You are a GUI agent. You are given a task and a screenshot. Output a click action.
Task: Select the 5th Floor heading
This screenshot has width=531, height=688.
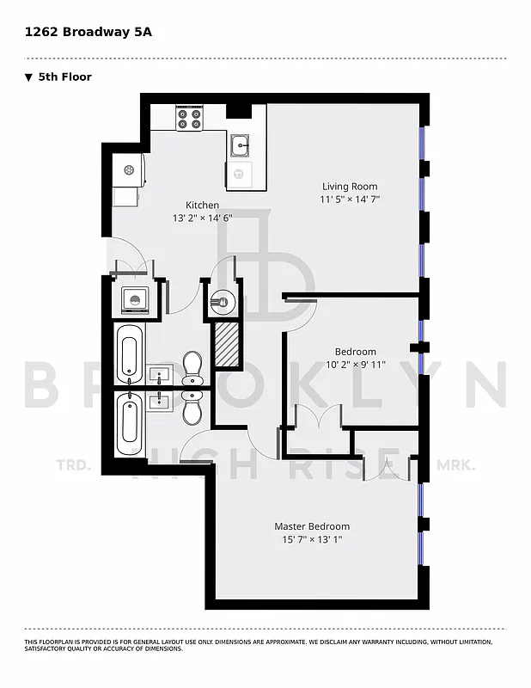(x=64, y=77)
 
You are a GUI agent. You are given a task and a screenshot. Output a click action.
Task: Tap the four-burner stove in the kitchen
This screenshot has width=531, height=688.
(x=189, y=119)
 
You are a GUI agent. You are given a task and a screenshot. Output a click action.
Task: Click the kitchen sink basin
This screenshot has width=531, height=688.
(x=240, y=144)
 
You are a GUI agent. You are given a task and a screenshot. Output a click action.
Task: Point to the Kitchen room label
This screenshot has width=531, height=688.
(x=203, y=205)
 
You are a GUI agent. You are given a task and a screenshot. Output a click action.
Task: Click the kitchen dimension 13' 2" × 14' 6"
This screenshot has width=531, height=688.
(x=203, y=218)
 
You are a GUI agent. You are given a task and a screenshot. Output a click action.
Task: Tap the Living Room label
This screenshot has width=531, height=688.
(x=350, y=186)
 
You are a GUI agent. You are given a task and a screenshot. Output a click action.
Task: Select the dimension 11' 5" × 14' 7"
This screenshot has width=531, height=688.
(x=350, y=200)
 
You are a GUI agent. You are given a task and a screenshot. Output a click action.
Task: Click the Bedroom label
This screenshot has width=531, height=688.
(x=355, y=351)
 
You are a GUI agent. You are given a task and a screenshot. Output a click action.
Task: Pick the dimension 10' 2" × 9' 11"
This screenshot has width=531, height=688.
(x=355, y=365)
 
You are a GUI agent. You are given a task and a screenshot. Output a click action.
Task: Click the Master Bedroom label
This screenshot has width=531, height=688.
(x=312, y=525)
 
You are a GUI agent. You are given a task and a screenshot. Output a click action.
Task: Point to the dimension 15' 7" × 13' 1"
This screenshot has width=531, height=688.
(x=312, y=539)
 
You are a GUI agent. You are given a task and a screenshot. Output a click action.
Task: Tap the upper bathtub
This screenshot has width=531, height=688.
(x=129, y=356)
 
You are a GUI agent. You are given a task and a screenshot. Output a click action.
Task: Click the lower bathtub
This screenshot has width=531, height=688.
(x=129, y=424)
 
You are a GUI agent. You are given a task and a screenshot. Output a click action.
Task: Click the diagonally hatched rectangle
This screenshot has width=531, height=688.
(x=226, y=343)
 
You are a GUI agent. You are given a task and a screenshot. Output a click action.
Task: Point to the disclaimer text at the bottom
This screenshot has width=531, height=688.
(x=258, y=645)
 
